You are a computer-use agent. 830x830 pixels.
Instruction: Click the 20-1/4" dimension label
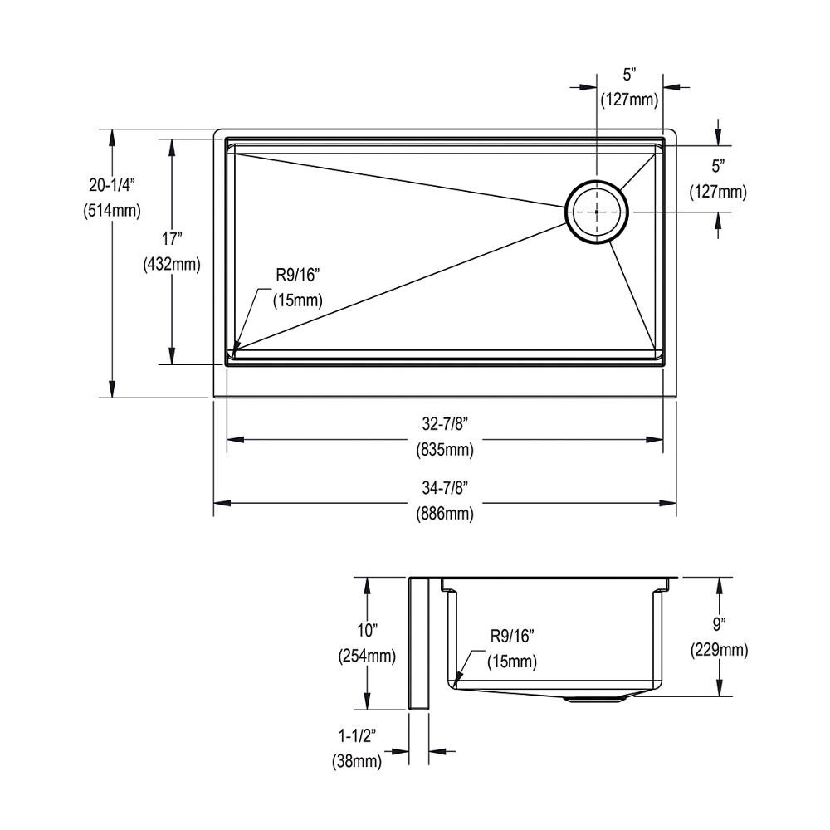point(112,185)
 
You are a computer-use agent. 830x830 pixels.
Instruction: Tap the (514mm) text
point(112,211)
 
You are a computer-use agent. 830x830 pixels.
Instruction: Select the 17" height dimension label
point(172,239)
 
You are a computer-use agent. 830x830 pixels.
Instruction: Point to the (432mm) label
point(172,264)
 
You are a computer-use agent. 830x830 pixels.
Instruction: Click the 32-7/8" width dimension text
point(445,423)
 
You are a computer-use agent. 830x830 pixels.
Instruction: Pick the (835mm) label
point(445,449)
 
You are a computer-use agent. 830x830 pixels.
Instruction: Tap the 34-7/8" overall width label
point(445,487)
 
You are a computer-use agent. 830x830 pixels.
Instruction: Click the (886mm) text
point(445,513)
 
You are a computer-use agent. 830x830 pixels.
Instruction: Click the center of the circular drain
point(597,212)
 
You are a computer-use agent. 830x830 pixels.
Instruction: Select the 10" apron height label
point(367,631)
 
